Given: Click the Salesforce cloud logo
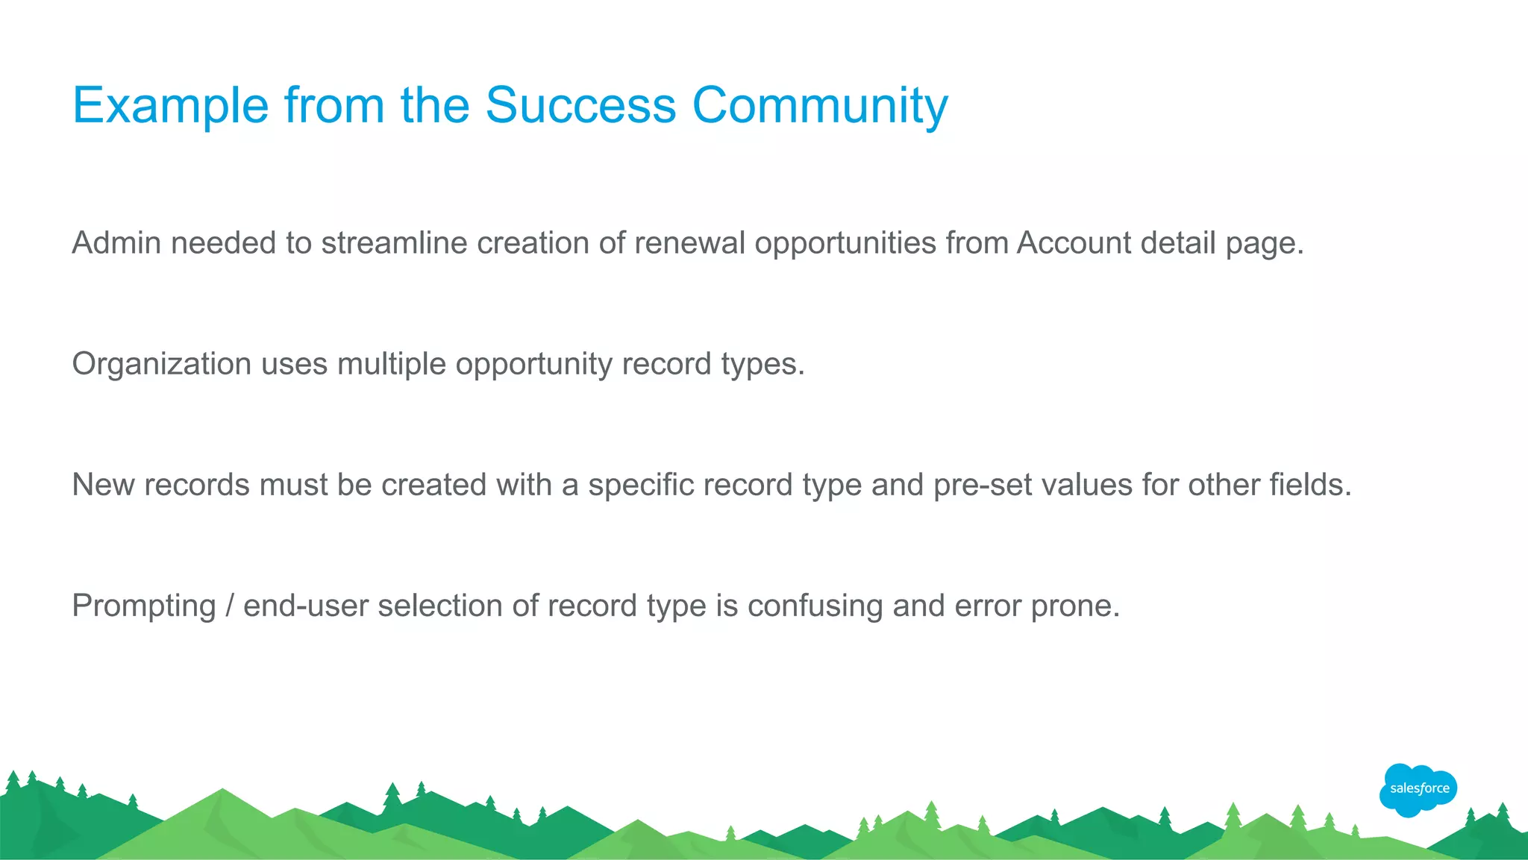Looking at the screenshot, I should coord(1418,789).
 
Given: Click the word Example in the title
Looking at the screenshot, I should coord(170,105).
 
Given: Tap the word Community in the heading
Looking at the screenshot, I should coord(820,105).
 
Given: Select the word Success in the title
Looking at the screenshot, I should coord(580,105).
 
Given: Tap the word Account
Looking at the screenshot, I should coord(1074,243).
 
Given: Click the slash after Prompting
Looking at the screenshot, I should coord(229,606).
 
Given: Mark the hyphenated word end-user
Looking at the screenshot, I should coord(306,606).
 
